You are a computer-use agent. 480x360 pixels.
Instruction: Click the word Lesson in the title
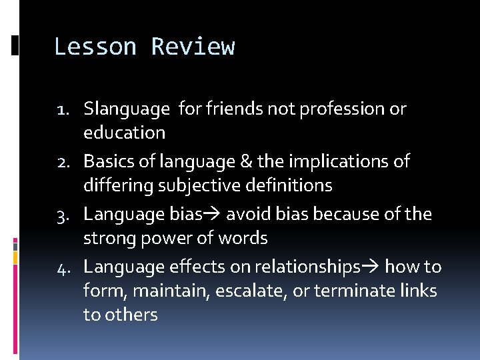click(x=95, y=47)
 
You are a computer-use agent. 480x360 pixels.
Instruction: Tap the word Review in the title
click(x=193, y=47)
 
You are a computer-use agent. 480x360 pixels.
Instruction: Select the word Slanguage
click(x=127, y=109)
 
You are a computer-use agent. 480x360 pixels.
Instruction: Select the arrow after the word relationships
click(x=371, y=267)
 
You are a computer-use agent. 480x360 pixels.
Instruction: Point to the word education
click(x=124, y=133)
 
